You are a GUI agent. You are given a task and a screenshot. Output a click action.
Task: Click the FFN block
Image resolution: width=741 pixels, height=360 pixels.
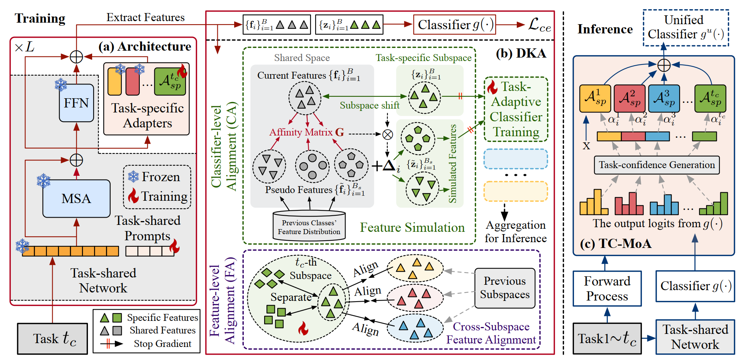(x=76, y=103)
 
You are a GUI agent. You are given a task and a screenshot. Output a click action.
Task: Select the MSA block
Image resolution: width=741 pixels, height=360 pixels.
(x=76, y=198)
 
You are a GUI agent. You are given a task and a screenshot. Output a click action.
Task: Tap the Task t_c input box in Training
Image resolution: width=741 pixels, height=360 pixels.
(x=53, y=338)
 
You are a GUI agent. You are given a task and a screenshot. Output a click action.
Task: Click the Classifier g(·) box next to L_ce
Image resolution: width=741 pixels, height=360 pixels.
(x=454, y=25)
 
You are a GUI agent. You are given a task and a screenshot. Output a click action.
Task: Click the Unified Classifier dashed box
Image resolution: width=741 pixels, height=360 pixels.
(x=686, y=28)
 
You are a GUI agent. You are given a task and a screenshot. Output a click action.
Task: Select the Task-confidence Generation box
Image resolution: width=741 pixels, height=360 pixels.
(x=657, y=165)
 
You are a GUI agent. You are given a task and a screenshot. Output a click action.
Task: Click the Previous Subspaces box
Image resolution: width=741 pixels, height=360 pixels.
(x=504, y=288)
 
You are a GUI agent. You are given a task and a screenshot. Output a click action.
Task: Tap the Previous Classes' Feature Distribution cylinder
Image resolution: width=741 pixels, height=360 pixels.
(x=309, y=226)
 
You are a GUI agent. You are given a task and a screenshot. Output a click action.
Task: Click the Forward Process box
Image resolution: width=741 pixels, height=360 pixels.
(x=607, y=289)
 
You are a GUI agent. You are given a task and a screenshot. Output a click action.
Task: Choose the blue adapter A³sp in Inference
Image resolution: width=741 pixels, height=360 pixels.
(x=664, y=98)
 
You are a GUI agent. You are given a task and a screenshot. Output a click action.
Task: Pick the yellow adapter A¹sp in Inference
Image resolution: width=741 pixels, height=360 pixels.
(x=595, y=98)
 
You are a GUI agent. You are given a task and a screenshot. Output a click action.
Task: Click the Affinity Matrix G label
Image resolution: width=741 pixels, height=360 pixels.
(x=306, y=132)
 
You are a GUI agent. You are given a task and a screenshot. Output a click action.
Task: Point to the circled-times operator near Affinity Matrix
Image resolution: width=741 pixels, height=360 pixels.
(x=388, y=134)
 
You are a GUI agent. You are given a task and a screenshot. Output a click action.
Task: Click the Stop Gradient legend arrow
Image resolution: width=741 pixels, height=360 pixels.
(x=111, y=343)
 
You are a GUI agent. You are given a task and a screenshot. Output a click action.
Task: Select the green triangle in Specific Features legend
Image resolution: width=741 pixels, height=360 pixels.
(x=104, y=318)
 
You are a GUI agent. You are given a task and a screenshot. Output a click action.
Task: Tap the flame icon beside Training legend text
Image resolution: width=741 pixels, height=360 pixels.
(x=133, y=196)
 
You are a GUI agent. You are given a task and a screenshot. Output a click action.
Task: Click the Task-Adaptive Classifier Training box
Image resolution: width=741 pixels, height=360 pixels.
(x=516, y=109)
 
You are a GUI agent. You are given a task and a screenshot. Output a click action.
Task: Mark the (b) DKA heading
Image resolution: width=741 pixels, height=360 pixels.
(x=521, y=53)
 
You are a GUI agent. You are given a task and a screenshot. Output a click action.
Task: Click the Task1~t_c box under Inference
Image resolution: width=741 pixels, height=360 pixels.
(x=607, y=339)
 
